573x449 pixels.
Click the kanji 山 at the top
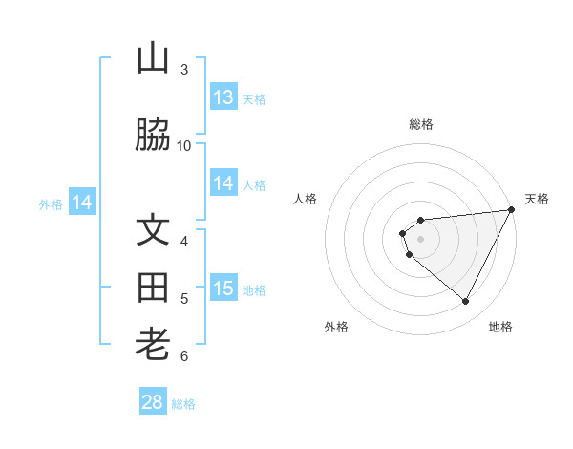point(153,59)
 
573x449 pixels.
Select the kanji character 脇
point(153,136)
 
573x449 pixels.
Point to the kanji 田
point(153,289)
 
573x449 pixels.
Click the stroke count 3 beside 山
point(184,69)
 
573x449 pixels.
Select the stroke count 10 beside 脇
point(184,145)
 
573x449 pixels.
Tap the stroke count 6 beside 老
point(184,356)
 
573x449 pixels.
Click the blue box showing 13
point(223,96)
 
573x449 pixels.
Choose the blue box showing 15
point(223,289)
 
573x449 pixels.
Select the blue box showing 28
point(153,402)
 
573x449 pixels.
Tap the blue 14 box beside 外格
point(82,203)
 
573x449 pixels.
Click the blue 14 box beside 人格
point(223,183)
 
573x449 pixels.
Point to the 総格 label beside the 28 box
point(183,404)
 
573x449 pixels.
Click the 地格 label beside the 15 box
point(254,289)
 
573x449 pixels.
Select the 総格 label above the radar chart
point(421,124)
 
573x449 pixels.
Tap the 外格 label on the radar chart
point(336,327)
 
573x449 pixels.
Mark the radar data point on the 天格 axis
point(512,210)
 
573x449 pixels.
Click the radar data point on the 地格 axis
point(465,301)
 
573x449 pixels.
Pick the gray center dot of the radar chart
point(421,239)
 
